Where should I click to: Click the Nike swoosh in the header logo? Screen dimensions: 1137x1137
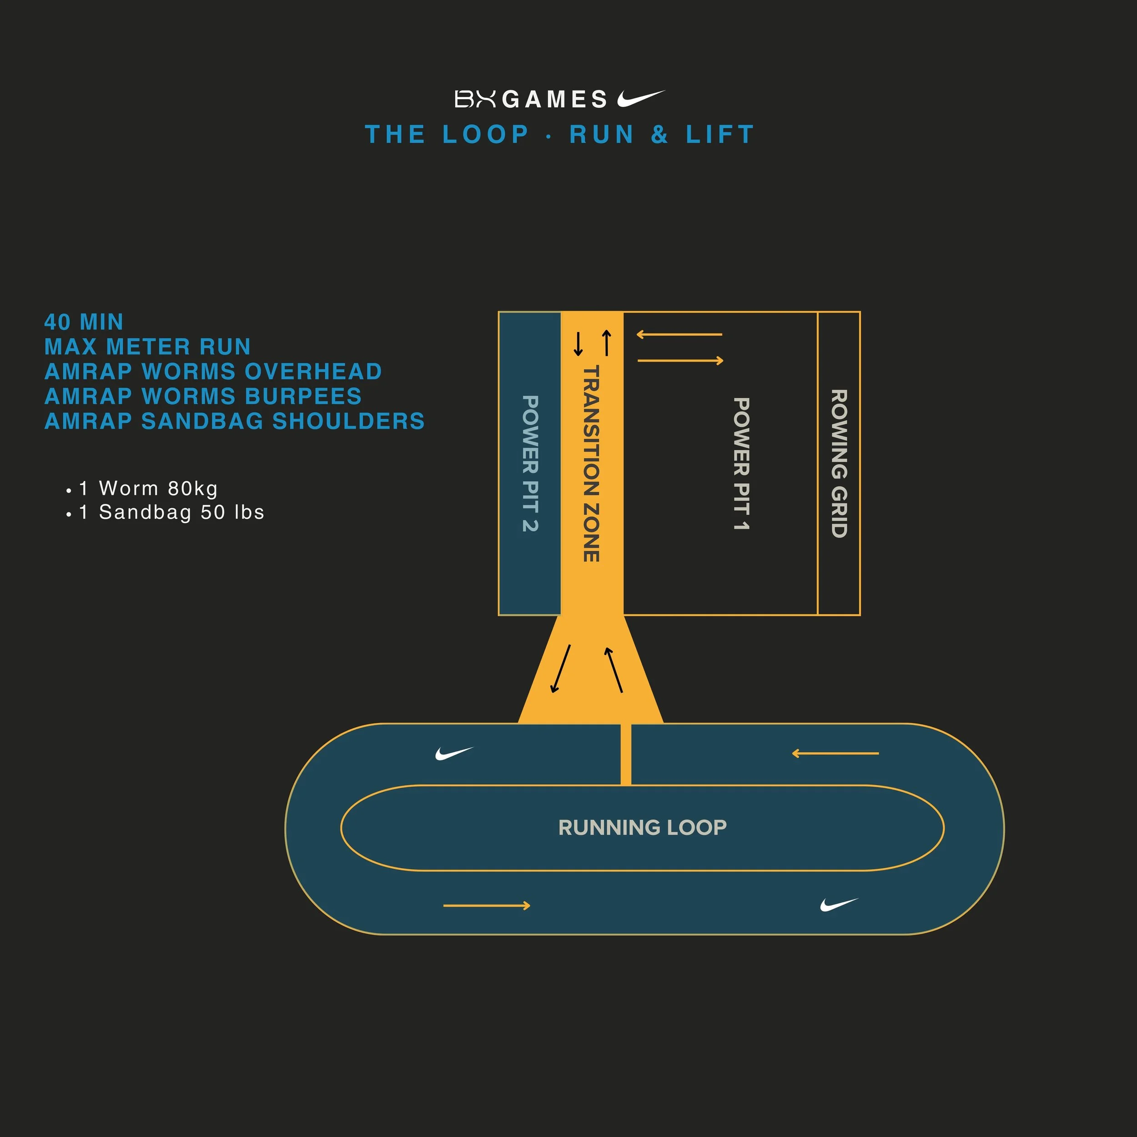pos(640,98)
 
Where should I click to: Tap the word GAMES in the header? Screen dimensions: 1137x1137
pos(555,100)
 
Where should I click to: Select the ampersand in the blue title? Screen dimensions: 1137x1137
pos(660,135)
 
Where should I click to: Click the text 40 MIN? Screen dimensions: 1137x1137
pos(84,322)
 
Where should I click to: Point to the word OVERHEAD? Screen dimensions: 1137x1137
pos(313,372)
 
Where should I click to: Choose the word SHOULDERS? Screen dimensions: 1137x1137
pos(348,422)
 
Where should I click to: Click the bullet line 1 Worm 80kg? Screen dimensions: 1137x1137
pos(148,488)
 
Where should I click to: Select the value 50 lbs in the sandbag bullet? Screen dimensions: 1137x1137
pos(232,512)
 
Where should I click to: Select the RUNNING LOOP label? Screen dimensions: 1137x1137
pos(642,827)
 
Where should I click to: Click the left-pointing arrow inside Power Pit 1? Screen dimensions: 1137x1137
pos(679,334)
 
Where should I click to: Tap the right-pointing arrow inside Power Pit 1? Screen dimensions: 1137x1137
pos(680,360)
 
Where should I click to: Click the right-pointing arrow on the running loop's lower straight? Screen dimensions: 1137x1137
pos(487,906)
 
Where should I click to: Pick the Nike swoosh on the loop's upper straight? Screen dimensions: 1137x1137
pos(454,753)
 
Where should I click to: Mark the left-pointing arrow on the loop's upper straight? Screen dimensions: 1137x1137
pos(835,753)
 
